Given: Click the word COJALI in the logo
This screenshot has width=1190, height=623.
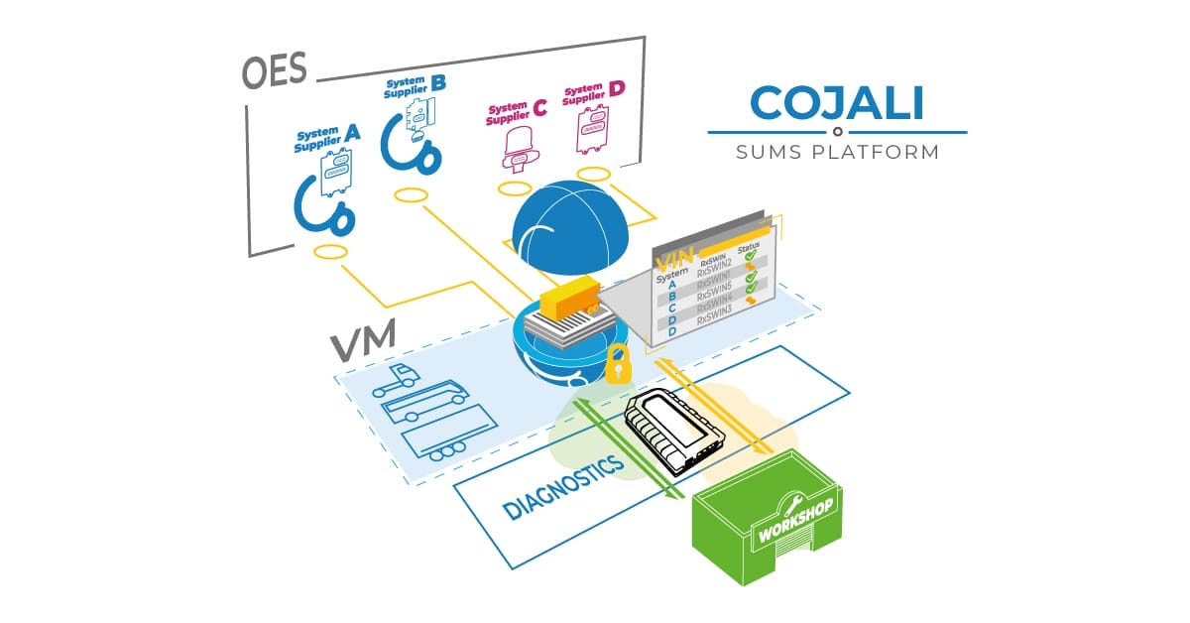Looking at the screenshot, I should click(838, 103).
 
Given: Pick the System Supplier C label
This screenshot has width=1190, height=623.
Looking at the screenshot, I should click(515, 112).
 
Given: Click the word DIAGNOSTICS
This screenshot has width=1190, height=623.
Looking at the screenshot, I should click(563, 487).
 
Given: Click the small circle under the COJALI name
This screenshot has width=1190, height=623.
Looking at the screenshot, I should click(838, 131).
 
